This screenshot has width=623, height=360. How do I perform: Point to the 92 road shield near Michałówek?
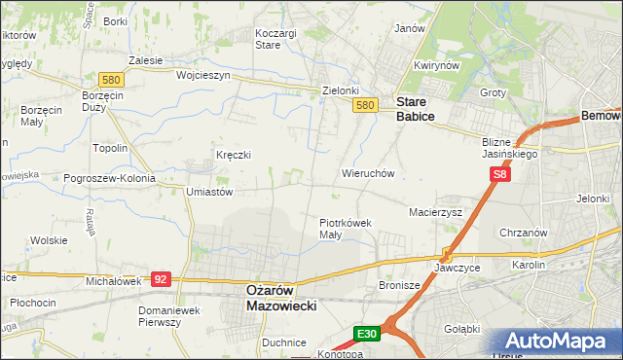(162, 279)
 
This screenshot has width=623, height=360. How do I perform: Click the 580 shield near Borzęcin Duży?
(110, 79)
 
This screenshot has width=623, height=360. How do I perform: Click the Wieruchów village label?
(367, 173)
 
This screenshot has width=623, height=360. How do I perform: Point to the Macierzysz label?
(435, 211)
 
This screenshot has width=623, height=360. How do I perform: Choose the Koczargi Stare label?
(275, 38)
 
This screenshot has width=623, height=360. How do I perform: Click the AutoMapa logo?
(555, 342)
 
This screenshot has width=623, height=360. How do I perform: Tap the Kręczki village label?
(234, 155)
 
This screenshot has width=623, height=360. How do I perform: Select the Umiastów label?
(209, 193)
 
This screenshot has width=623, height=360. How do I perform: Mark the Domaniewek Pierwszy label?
(173, 316)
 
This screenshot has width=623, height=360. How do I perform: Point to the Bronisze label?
(398, 286)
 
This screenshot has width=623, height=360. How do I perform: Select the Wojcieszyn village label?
(202, 75)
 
